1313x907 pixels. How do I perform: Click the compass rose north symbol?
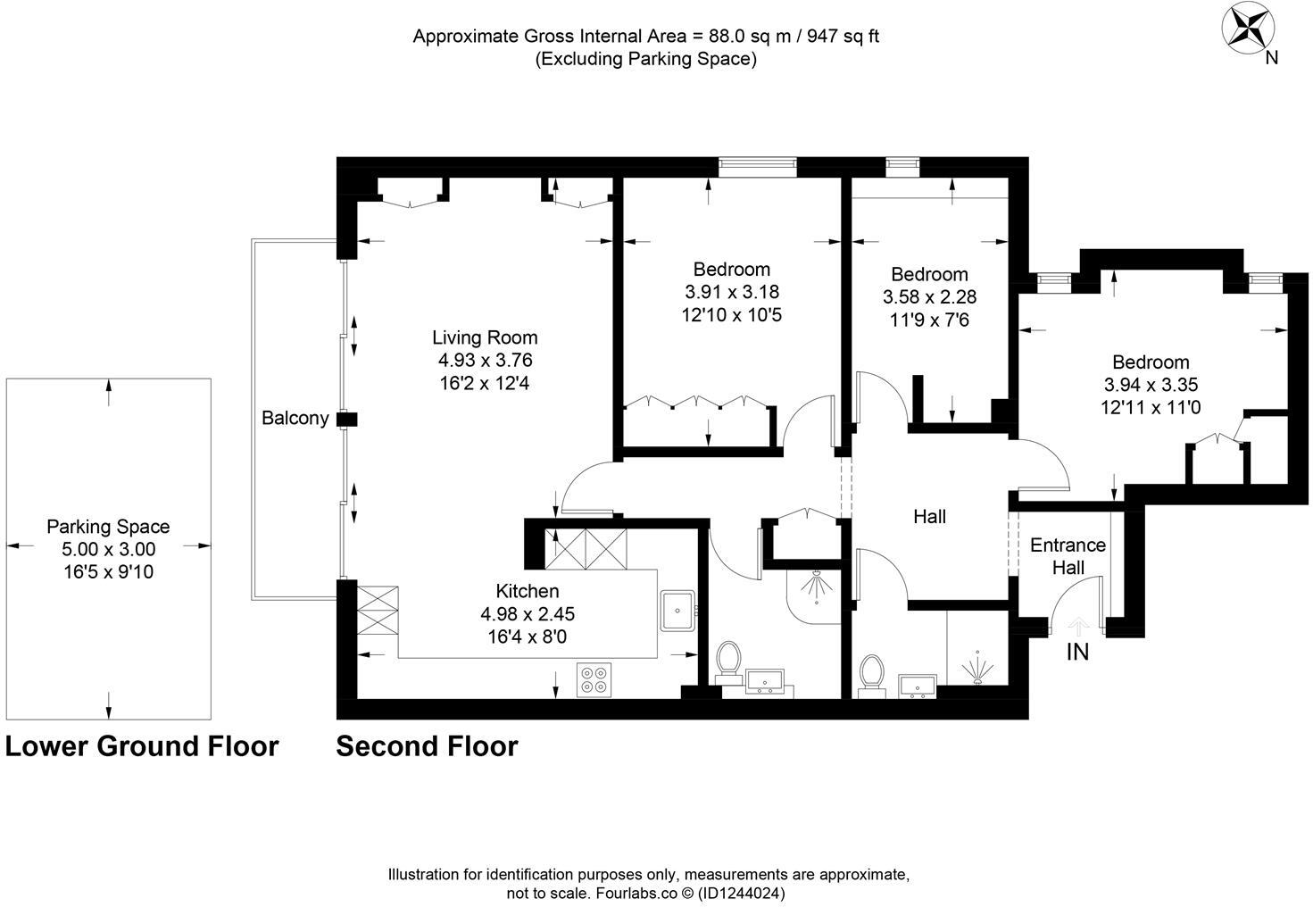click(1247, 27)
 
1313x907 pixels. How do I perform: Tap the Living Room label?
click(485, 337)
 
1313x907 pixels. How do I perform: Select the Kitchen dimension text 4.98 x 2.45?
click(528, 614)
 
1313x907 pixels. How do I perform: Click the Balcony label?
click(295, 418)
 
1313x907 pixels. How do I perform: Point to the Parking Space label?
click(108, 527)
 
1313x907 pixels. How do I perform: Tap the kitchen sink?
click(677, 610)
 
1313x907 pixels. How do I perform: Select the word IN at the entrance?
click(1078, 653)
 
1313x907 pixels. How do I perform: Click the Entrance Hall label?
click(1068, 556)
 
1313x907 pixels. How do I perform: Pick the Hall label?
click(929, 517)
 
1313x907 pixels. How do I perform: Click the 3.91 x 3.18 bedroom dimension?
click(732, 292)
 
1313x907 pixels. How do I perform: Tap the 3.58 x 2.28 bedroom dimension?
click(929, 296)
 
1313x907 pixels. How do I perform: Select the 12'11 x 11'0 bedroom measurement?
click(1151, 408)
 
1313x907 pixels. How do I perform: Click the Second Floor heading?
click(427, 746)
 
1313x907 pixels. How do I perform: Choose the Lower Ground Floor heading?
click(142, 746)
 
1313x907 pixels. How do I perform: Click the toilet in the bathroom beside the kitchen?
click(729, 662)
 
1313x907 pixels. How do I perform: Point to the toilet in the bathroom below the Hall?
click(871, 674)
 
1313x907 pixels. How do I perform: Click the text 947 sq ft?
click(843, 37)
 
